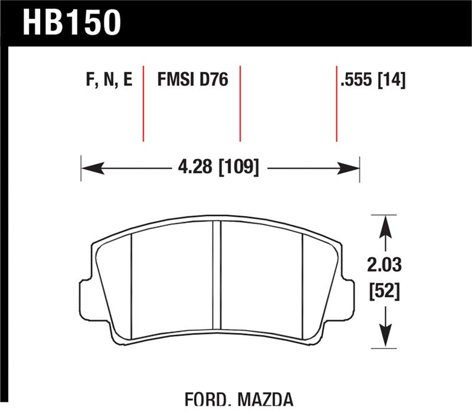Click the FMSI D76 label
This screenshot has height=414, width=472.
point(192,81)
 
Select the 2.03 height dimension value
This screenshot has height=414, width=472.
point(384,265)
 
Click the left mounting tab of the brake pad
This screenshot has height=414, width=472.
point(86,298)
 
